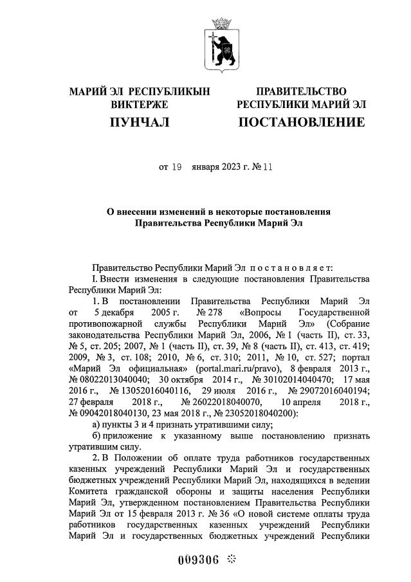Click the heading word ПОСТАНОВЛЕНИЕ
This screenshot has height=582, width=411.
click(x=301, y=122)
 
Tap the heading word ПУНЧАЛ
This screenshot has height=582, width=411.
click(x=140, y=122)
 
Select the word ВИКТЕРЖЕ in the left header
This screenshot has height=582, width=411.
click(x=140, y=104)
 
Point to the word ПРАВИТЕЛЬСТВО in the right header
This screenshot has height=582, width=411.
click(x=301, y=91)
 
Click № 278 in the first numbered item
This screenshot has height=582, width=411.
click(x=194, y=312)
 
